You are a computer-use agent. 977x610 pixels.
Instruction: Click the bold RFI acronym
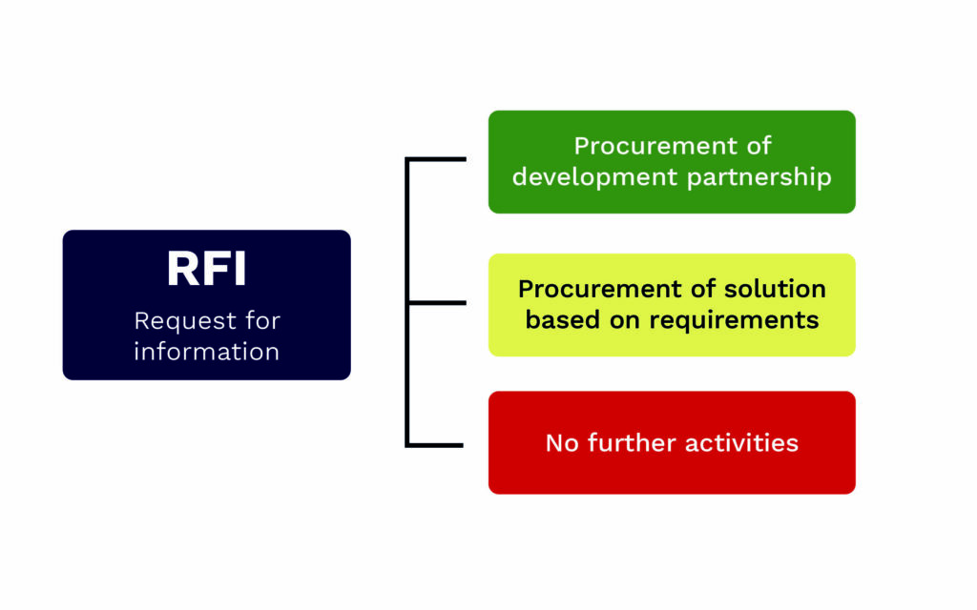pos(206,268)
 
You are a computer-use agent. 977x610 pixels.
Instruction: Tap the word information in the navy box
pos(206,352)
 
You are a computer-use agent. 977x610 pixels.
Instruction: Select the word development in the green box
pos(594,177)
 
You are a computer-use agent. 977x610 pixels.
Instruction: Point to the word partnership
pos(759,177)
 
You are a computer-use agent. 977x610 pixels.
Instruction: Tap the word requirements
pos(734,320)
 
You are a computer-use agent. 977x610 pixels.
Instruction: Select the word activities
pos(741,443)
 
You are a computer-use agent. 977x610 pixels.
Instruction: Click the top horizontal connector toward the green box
pos(435,159)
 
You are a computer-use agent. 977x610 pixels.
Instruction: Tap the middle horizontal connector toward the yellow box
pos(436,303)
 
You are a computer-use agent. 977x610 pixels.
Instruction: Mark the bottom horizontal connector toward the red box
pos(434,446)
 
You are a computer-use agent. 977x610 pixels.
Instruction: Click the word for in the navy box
pos(262,320)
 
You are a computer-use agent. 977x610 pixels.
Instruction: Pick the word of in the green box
pos(759,146)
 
